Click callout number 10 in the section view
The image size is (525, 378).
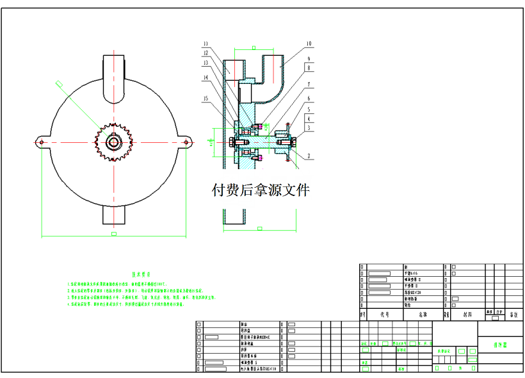coord(308,44)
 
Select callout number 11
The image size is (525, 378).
coord(206,44)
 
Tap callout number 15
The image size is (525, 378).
coord(206,98)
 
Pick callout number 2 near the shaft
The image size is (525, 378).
coord(308,156)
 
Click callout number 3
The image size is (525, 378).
coord(308,127)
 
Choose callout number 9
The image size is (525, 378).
coord(308,59)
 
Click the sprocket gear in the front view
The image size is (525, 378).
coord(114,142)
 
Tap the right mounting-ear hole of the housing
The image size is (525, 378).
coord(186,142)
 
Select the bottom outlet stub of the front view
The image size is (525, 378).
coord(114,215)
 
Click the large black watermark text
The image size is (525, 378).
coord(261,190)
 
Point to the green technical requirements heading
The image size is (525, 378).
coord(140,273)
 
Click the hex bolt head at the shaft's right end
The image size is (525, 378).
coord(296,142)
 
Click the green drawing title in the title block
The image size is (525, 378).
coord(500,345)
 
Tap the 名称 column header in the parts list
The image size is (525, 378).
coord(423,315)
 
